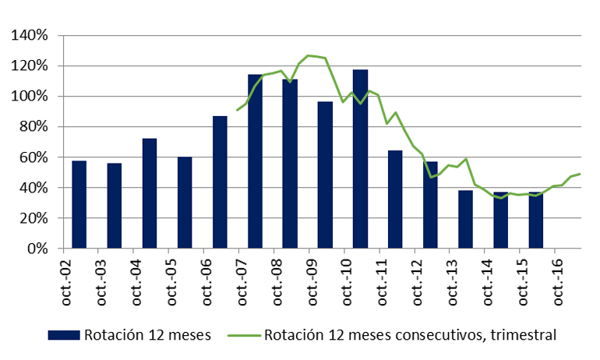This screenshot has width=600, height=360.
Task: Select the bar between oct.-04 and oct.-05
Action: [x=149, y=193]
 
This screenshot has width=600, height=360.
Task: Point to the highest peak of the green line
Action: [x=309, y=55]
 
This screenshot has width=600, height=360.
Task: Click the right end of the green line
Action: [x=581, y=174]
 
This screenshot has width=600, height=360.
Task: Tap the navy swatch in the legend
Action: [x=63, y=335]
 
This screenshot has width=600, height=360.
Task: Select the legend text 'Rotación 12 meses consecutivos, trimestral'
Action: [x=410, y=335]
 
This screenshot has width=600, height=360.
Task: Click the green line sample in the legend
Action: [x=244, y=335]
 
